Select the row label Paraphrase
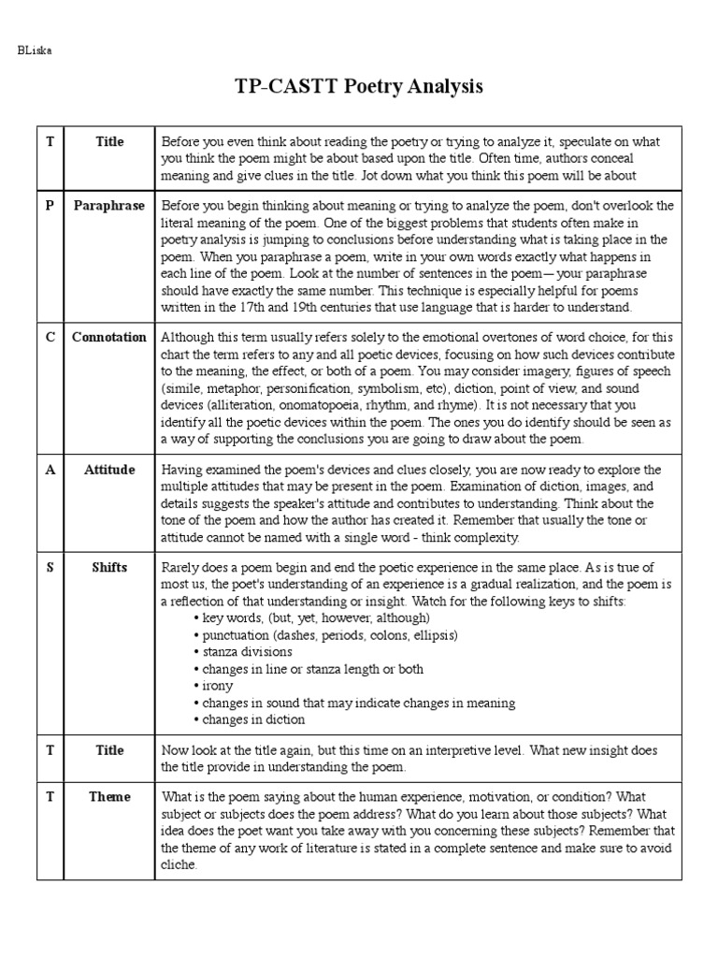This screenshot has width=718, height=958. [x=109, y=205]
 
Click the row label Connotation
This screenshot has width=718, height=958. [x=109, y=337]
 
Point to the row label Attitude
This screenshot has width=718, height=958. [x=109, y=470]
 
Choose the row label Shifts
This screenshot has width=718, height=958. [x=109, y=567]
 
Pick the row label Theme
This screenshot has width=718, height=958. [x=109, y=797]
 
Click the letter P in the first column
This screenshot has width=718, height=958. [x=50, y=205]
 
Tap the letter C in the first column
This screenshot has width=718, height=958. [x=50, y=337]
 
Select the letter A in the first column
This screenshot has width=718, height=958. [x=50, y=470]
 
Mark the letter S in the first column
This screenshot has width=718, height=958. [x=50, y=567]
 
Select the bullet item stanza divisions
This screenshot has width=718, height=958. [x=243, y=652]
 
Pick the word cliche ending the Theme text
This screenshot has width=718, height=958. [x=179, y=865]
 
